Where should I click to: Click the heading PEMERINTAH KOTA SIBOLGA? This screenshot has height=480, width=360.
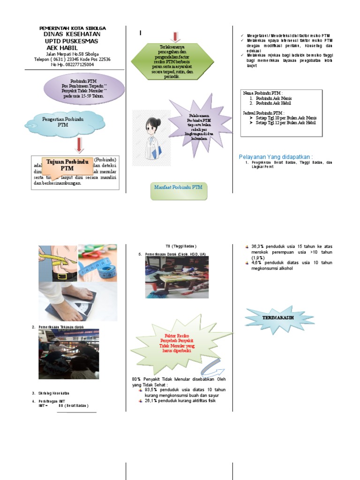coord(72,29)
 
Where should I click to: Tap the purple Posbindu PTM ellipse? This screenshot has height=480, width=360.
coord(85,88)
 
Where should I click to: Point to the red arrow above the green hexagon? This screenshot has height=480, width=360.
coord(175,37)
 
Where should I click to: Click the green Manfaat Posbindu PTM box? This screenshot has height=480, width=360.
coord(179,188)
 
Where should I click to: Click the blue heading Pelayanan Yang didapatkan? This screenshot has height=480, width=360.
coord(276,157)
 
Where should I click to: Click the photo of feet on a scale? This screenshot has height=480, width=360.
coord(78,301)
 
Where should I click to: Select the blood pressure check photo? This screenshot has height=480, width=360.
coord(68,353)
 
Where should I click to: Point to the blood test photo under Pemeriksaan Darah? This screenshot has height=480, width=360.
coord(177,277)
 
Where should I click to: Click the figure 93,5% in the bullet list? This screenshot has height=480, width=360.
coord(152,390)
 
